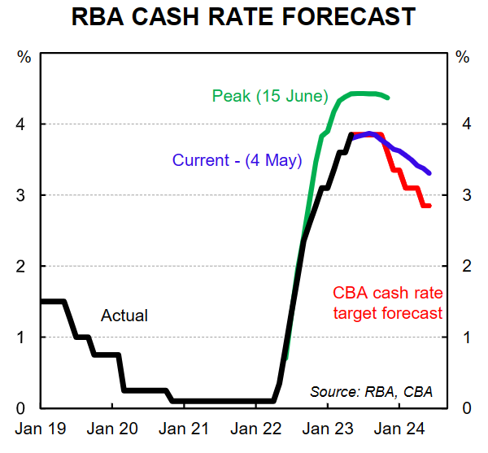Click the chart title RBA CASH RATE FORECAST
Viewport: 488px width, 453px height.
[x=243, y=16]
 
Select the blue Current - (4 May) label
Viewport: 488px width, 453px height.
[x=236, y=159]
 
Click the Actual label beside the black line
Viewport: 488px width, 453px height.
[x=124, y=315]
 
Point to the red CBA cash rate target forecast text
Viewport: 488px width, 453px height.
[x=387, y=303]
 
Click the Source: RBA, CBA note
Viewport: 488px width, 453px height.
[x=371, y=392]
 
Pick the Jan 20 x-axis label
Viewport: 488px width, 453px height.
[x=111, y=427]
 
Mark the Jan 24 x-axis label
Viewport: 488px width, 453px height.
[x=399, y=427]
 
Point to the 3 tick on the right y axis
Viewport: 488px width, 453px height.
[x=464, y=195]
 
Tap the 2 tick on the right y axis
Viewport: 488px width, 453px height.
[x=464, y=266]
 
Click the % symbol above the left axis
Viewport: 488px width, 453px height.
[x=24, y=57]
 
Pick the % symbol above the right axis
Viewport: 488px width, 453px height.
[x=464, y=57]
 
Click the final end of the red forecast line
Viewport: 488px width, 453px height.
[x=429, y=206]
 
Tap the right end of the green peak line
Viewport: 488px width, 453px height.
[x=387, y=98]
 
